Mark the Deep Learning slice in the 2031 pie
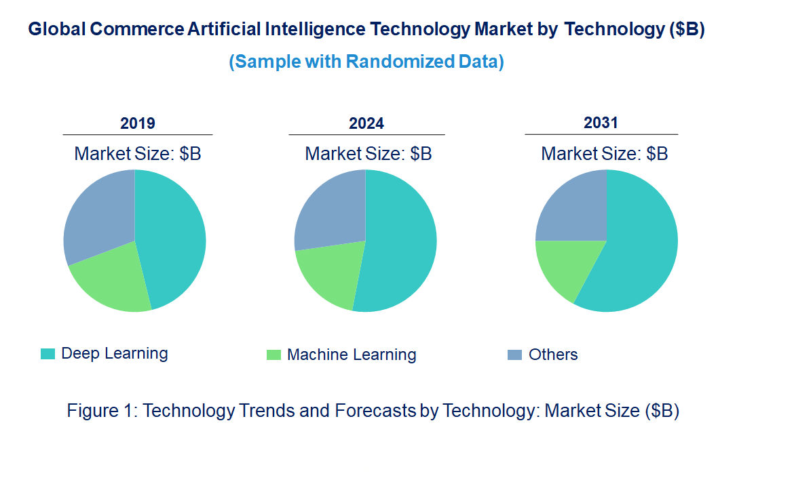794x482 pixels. (638, 251)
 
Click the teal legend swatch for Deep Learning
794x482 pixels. (48, 354)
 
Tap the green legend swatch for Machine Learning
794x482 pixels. (273, 355)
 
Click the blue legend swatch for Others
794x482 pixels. (515, 355)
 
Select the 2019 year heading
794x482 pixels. (138, 123)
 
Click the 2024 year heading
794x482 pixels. (366, 123)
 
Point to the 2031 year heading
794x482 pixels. (601, 123)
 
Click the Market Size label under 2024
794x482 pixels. (368, 154)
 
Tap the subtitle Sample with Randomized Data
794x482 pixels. (366, 62)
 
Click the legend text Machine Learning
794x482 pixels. (352, 355)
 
